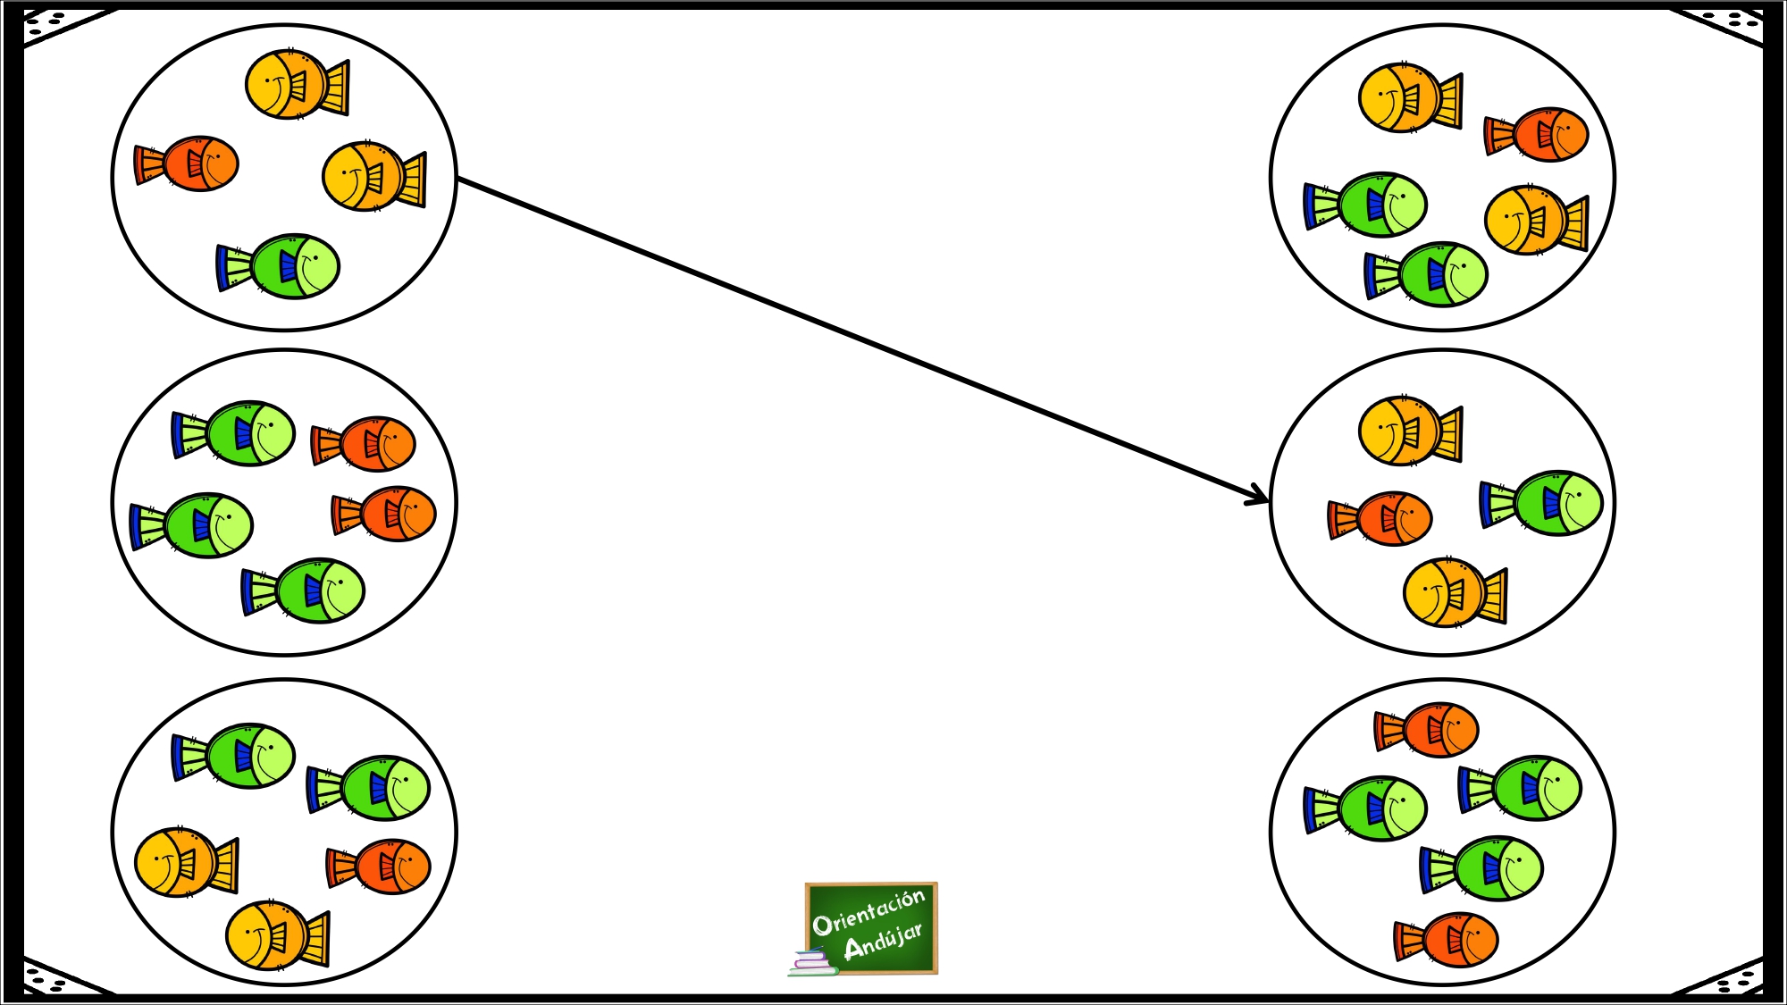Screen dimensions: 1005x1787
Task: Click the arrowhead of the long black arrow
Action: coord(1261,498)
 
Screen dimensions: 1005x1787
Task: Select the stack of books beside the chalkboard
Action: coord(811,962)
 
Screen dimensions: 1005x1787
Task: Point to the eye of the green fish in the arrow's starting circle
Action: coord(315,258)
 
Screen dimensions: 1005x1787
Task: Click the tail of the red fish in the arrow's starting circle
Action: coord(148,165)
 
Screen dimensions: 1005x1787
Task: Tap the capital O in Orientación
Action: coord(822,925)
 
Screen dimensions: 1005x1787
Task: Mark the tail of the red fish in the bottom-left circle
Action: coord(340,867)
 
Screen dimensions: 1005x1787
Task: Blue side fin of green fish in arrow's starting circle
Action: coord(288,266)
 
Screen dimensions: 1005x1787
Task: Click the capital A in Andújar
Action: coord(854,948)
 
